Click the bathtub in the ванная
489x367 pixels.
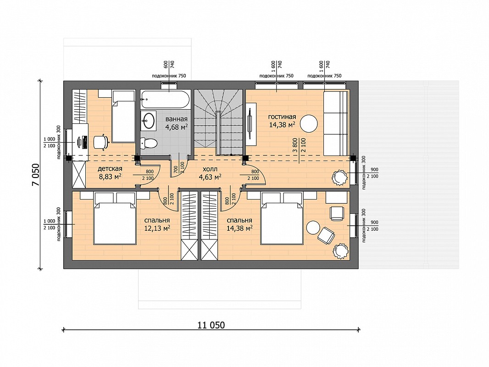click(165, 99)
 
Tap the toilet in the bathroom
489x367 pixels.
click(149, 143)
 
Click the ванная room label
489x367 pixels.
click(176, 119)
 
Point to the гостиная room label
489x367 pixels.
click(282, 117)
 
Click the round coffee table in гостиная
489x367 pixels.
click(309, 123)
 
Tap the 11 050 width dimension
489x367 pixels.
click(211, 325)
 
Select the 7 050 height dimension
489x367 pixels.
click(36, 175)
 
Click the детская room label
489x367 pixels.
click(110, 169)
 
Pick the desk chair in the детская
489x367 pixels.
click(101, 142)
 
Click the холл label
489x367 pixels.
click(210, 169)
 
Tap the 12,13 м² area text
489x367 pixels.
click(157, 228)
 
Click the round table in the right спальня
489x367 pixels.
click(313, 227)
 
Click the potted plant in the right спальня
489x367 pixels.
click(340, 251)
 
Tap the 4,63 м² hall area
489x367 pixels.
click(210, 177)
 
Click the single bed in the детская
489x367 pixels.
click(123, 117)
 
